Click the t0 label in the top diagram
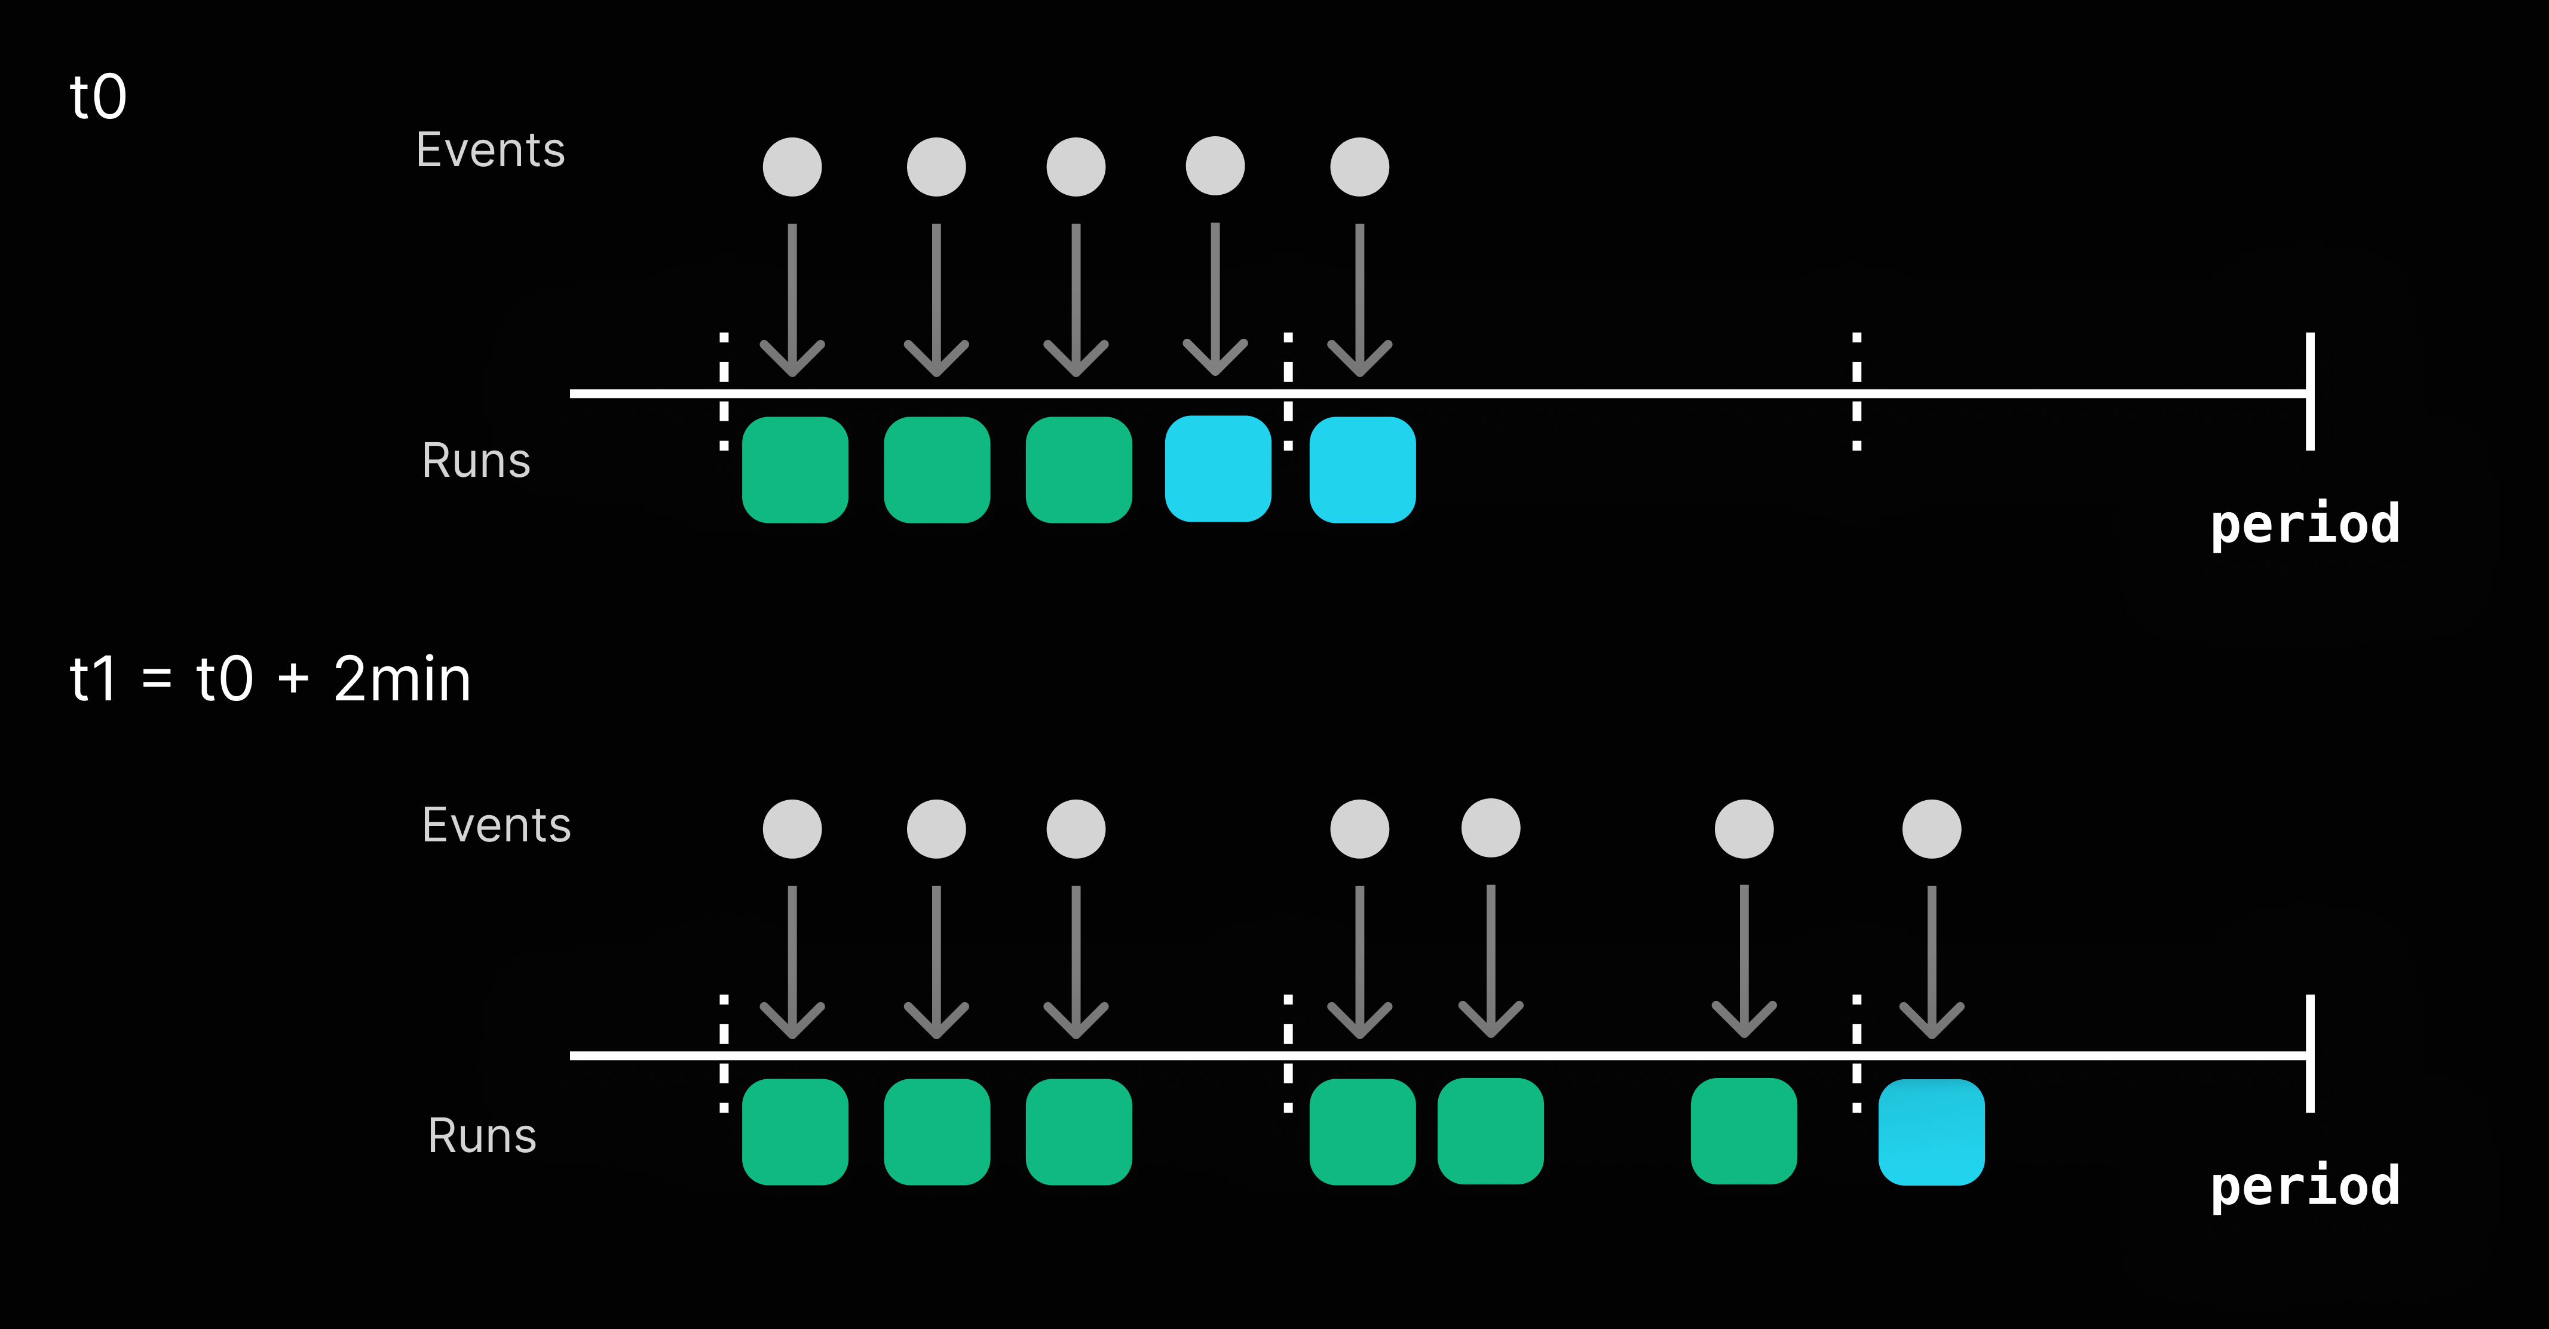tap(98, 97)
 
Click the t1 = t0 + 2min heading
tap(269, 680)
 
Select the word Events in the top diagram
tap(490, 151)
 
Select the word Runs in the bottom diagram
tap(482, 1135)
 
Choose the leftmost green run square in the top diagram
tap(795, 469)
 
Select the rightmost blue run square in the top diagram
tap(1362, 469)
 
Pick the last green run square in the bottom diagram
tap(1744, 1131)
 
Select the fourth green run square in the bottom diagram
tap(1362, 1131)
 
